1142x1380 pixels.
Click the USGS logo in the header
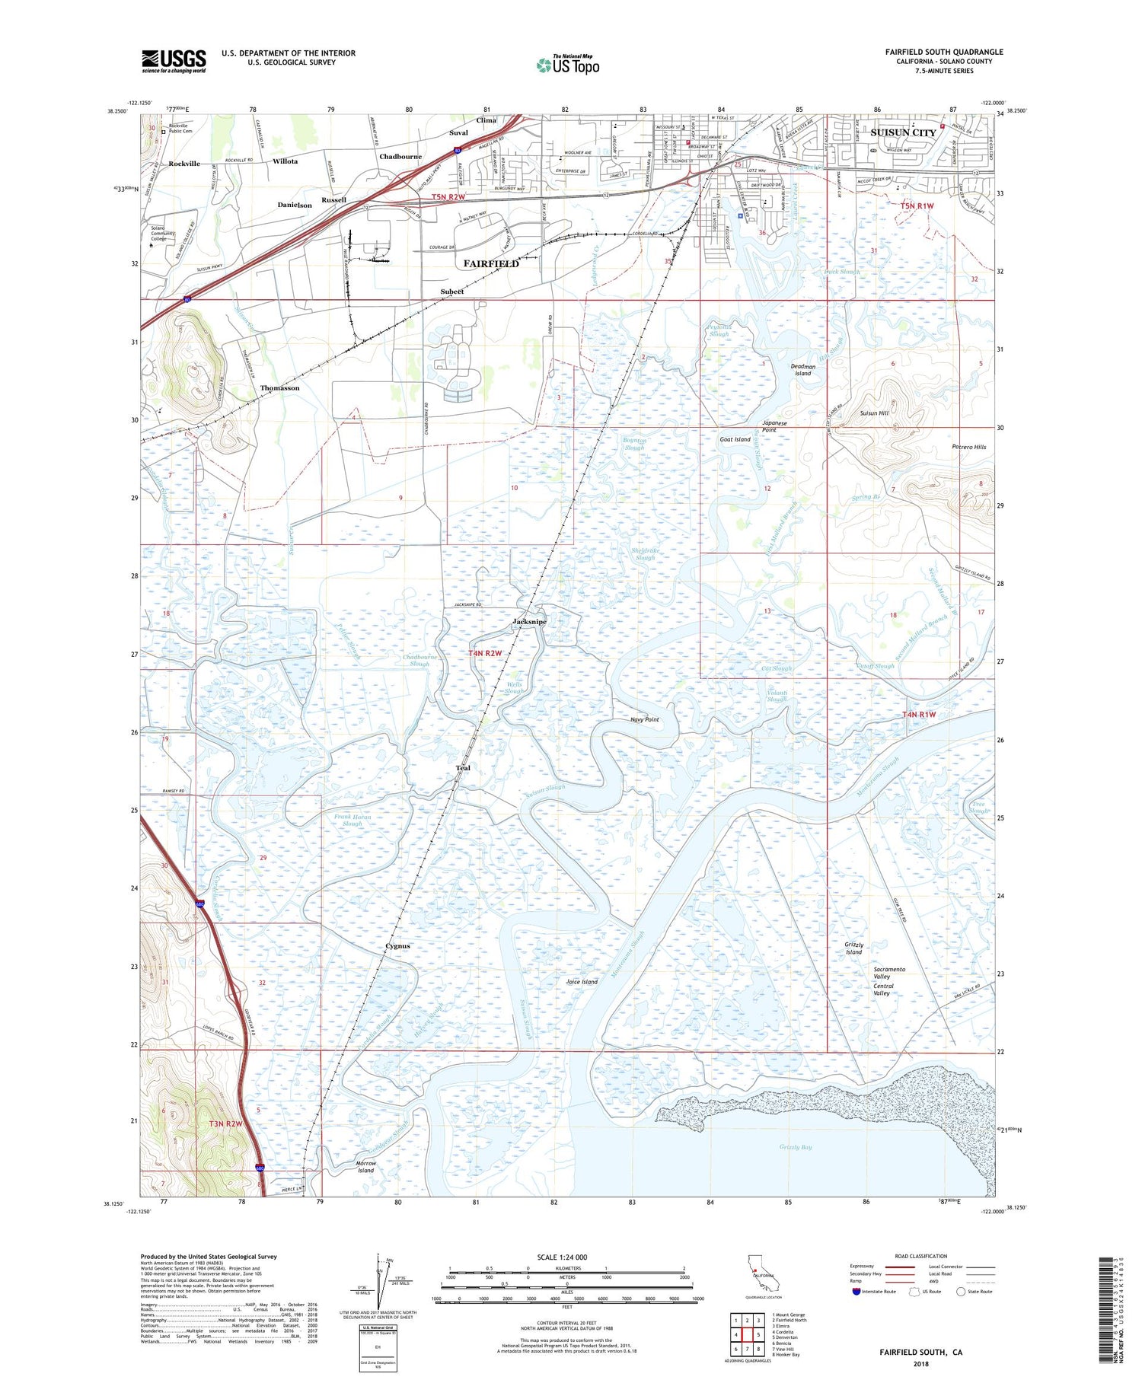[x=174, y=61]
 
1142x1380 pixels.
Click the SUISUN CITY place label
[x=903, y=132]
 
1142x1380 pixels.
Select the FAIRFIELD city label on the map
[x=491, y=263]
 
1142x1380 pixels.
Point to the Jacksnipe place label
[x=529, y=622]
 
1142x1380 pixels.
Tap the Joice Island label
[x=582, y=982]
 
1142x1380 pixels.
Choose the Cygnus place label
[x=397, y=946]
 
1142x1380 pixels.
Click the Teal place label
[x=463, y=768]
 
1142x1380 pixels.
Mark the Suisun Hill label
[x=874, y=413]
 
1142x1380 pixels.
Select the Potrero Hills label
[x=968, y=447]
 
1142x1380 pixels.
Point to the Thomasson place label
[x=279, y=388]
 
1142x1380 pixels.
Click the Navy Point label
[x=645, y=719]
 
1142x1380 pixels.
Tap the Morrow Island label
[x=366, y=1167]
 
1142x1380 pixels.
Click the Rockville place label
[x=184, y=164]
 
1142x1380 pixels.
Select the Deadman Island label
[x=802, y=370]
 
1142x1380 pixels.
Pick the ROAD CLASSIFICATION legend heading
[x=921, y=1256]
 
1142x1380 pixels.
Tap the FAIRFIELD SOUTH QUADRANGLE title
[x=944, y=52]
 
